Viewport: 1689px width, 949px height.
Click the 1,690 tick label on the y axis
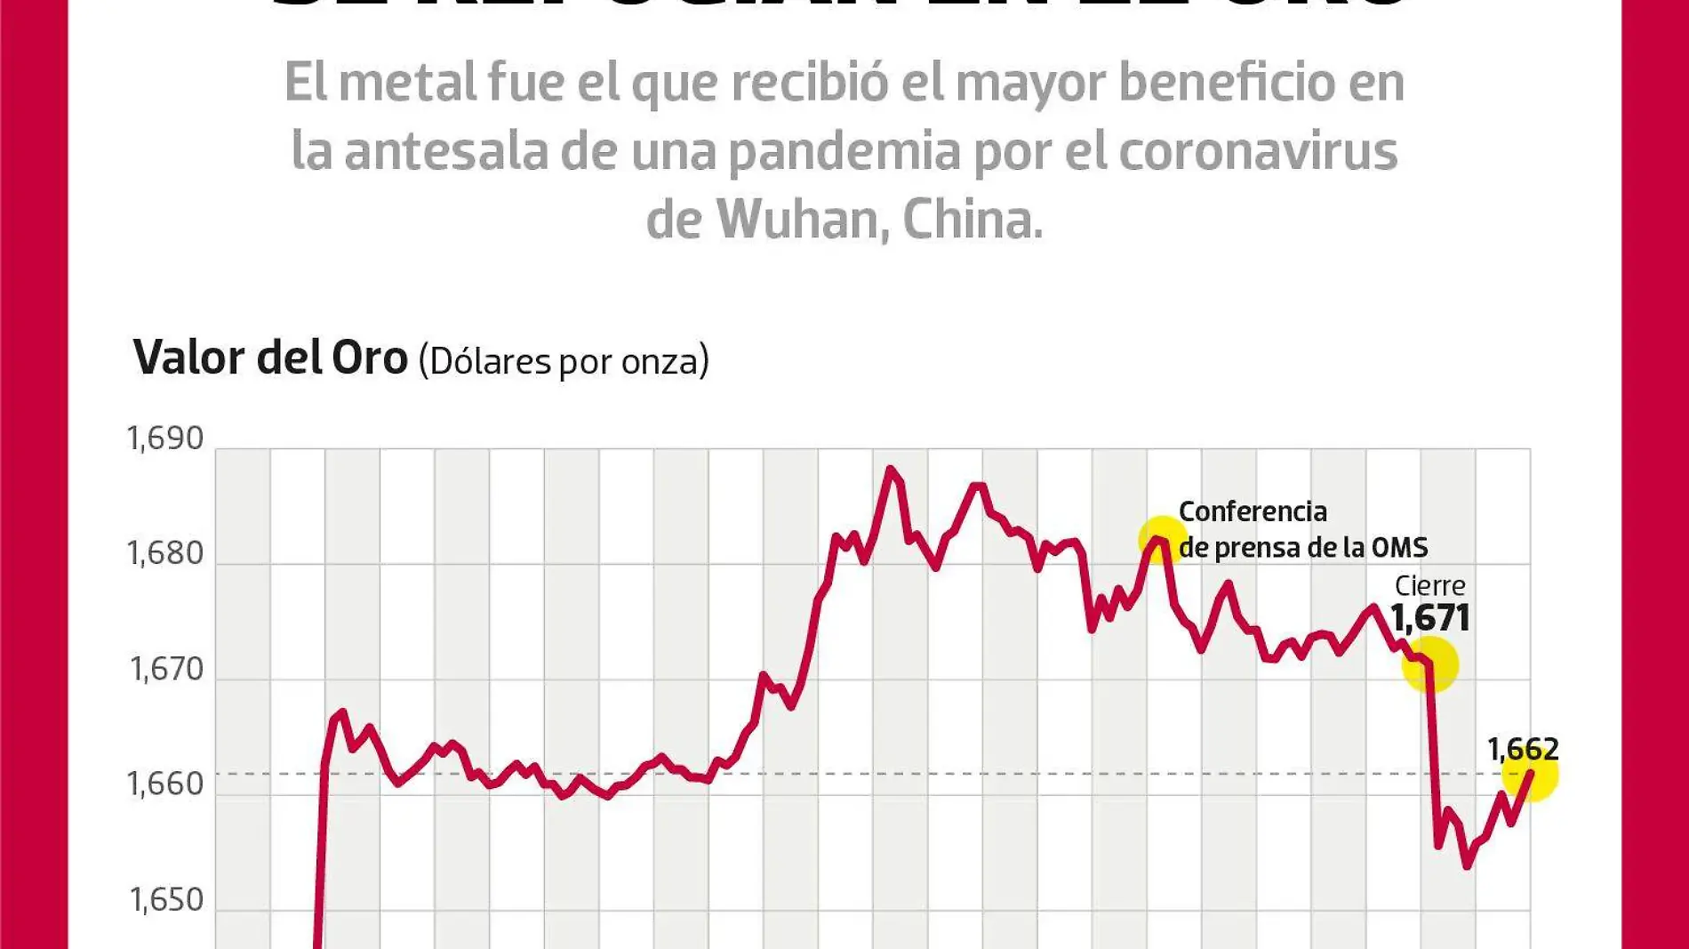pyautogui.click(x=165, y=438)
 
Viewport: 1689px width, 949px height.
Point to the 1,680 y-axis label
pyautogui.click(x=165, y=553)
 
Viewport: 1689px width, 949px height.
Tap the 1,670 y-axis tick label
pyautogui.click(x=167, y=669)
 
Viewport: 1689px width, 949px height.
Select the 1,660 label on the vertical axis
pyautogui.click(x=165, y=784)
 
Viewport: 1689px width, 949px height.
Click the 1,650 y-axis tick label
pyautogui.click(x=167, y=900)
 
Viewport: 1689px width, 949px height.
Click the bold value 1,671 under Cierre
pyautogui.click(x=1429, y=618)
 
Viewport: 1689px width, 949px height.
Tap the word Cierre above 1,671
pyautogui.click(x=1429, y=585)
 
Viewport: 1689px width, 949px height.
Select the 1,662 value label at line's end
pyautogui.click(x=1523, y=749)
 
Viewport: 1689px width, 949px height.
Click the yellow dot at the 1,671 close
pyautogui.click(x=1429, y=664)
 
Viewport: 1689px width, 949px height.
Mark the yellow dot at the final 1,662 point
pyautogui.click(x=1530, y=774)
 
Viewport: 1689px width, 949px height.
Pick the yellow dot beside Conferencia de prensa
pyautogui.click(x=1162, y=540)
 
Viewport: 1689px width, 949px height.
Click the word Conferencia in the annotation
pyautogui.click(x=1253, y=511)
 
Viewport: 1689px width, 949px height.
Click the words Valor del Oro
pyautogui.click(x=270, y=358)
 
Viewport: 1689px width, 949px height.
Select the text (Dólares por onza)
pyautogui.click(x=564, y=361)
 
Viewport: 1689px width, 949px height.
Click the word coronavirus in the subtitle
pyautogui.click(x=1258, y=151)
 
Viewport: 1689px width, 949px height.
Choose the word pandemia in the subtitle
pyautogui.click(x=844, y=151)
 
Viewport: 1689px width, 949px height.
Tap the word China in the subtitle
pyautogui.click(x=972, y=220)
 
